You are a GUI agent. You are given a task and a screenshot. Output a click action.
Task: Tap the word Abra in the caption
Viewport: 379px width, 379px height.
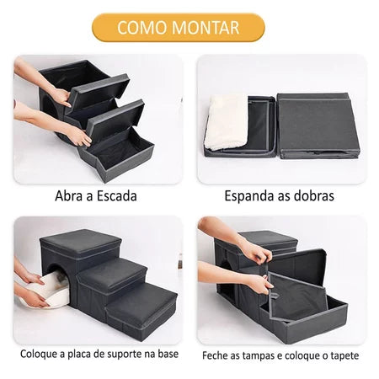click(x=71, y=196)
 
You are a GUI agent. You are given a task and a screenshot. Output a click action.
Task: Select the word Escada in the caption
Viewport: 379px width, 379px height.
click(x=115, y=196)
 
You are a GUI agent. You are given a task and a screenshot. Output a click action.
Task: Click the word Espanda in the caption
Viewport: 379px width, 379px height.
click(x=249, y=196)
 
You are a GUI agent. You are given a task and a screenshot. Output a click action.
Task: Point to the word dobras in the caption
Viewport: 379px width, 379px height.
click(x=314, y=196)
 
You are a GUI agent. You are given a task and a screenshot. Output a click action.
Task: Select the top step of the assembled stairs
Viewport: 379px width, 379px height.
click(x=81, y=244)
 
